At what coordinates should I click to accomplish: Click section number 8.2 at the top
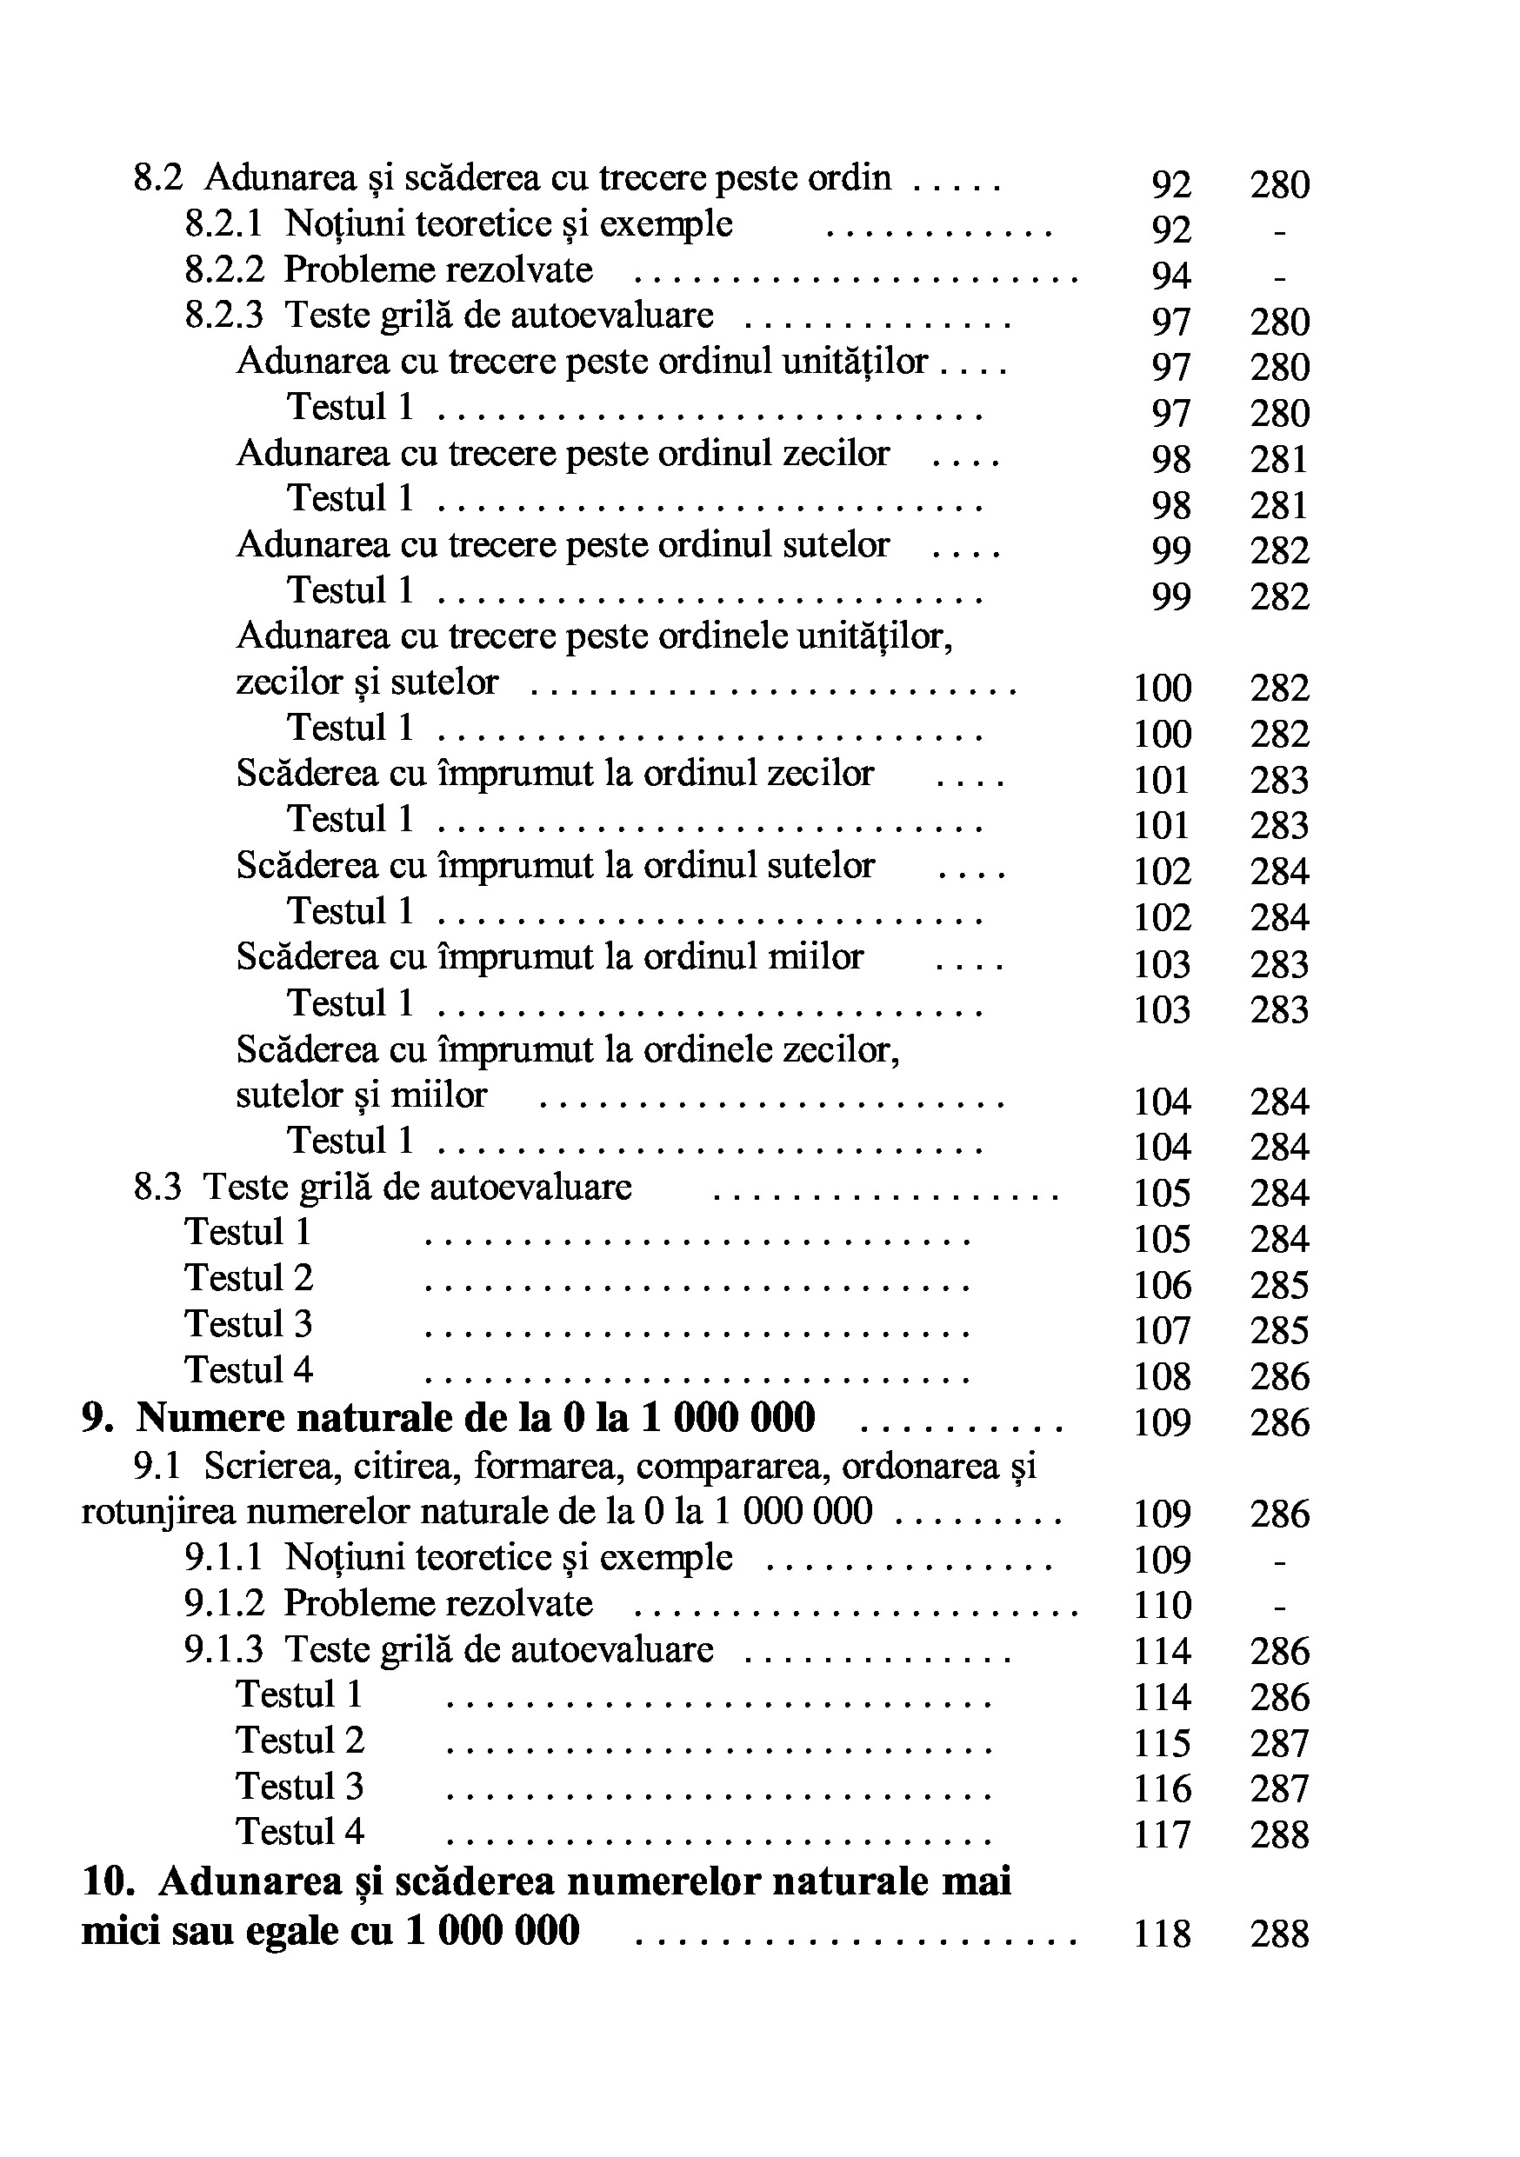point(157,177)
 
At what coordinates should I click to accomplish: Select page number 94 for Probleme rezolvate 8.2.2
point(1170,276)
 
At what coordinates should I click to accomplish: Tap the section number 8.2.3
point(223,316)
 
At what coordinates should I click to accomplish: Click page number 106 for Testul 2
point(1162,1285)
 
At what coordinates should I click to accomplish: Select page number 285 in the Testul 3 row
point(1278,1330)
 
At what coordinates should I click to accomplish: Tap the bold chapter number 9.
point(97,1418)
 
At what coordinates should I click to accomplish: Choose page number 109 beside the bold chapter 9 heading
point(1162,1422)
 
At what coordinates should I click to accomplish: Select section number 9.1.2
point(223,1604)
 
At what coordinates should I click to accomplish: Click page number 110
point(1162,1606)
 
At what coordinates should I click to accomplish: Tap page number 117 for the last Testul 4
point(1162,1834)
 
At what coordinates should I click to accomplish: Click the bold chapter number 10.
point(108,1881)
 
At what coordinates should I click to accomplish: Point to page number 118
point(1162,1934)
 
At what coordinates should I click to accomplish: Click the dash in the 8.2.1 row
point(1278,231)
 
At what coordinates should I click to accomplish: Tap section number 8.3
point(157,1188)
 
